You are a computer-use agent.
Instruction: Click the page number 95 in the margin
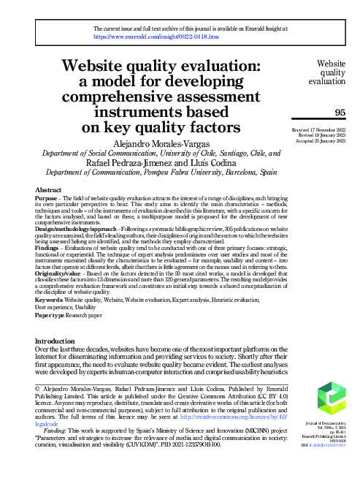tap(340, 112)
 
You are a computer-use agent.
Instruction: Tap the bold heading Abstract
tap(48, 190)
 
